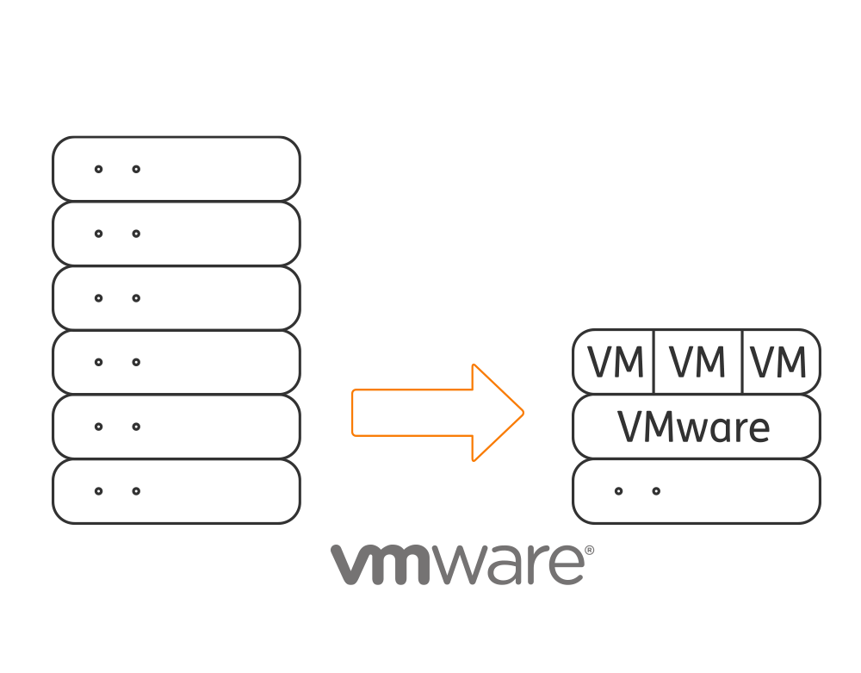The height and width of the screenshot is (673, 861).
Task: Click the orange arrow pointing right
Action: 437,413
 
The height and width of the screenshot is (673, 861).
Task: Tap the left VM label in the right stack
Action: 616,363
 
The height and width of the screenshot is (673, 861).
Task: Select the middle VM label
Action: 697,363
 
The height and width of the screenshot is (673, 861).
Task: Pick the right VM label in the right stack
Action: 778,363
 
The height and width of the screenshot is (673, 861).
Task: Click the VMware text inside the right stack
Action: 693,427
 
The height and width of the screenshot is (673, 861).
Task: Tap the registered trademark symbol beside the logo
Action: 590,550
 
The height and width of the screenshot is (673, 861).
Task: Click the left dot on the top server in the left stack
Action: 98,169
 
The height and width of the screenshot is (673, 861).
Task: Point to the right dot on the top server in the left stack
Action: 136,169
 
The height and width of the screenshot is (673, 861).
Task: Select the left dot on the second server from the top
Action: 98,234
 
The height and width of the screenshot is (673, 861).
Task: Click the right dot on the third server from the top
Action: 136,298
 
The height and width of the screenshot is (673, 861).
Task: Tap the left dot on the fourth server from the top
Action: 98,362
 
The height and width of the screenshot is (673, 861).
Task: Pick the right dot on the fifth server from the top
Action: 136,427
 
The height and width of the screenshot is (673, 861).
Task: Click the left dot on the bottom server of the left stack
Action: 98,491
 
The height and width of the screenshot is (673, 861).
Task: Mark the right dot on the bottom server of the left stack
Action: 136,491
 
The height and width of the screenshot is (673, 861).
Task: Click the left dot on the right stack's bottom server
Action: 618,491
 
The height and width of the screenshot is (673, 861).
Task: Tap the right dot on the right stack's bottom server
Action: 656,491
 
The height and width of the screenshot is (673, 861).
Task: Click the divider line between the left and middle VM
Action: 654,362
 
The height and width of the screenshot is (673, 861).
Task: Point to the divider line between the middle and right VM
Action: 742,362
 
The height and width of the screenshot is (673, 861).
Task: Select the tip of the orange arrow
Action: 523,413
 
